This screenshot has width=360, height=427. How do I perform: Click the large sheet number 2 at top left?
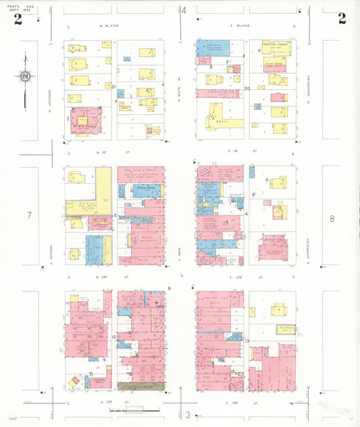tap(18, 18)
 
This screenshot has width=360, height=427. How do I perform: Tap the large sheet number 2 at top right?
tap(342, 18)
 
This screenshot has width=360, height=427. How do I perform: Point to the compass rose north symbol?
tap(25, 76)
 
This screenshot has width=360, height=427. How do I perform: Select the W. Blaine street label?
tap(110, 26)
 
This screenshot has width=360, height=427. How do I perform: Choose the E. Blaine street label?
tap(240, 26)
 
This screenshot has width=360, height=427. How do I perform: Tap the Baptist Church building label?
tap(274, 240)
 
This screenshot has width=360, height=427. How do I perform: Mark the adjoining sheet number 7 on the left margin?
tap(28, 216)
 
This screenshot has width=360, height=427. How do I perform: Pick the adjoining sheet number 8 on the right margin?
tap(332, 218)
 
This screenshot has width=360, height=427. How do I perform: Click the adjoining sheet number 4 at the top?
tap(183, 10)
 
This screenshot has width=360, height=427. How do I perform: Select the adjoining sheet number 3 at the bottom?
tap(188, 414)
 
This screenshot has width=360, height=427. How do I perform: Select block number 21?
tap(114, 86)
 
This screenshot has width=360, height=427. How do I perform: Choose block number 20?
tap(247, 88)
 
